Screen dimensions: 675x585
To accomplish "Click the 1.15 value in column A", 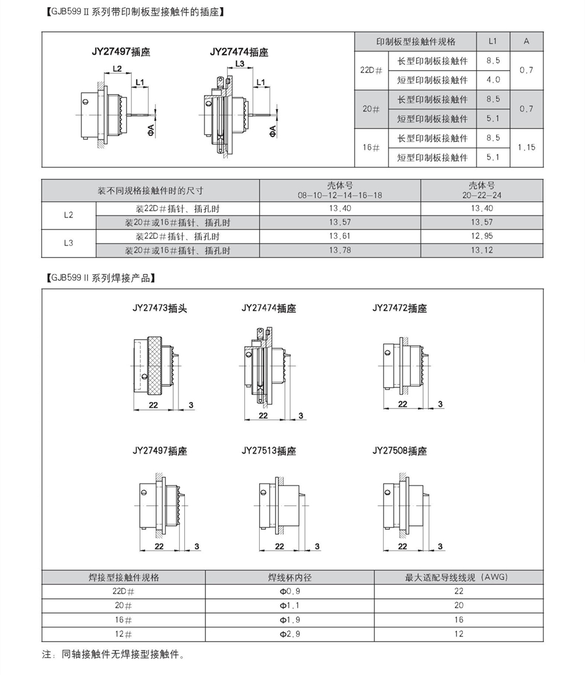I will tap(526, 148).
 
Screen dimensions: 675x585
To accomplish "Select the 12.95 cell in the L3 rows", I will tap(481, 237).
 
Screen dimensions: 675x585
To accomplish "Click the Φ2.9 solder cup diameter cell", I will tap(290, 634).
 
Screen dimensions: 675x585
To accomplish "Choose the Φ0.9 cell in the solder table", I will tap(290, 591).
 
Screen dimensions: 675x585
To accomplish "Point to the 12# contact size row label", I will tap(123, 634).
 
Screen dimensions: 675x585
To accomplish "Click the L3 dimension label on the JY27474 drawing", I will tap(239, 64).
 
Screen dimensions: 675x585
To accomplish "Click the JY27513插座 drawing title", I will tap(269, 451).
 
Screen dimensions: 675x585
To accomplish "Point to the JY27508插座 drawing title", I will tap(400, 451).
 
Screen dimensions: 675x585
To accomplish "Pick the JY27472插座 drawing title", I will tap(400, 308).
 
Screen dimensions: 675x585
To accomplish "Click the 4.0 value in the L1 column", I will tap(493, 80).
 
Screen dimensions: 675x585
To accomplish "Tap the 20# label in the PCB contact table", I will tap(371, 109).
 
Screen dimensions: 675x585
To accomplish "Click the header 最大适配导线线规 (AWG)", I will tap(458, 577).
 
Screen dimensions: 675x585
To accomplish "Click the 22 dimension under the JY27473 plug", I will tap(153, 405).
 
